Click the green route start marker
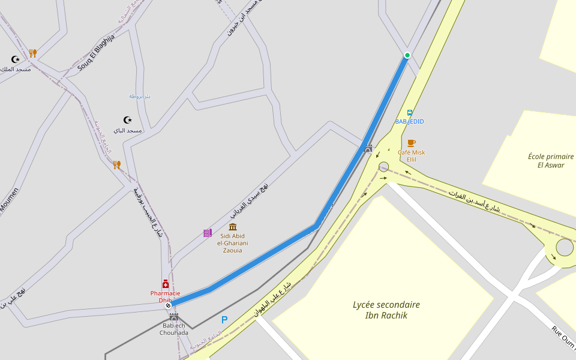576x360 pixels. [x=407, y=56]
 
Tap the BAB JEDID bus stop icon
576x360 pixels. [x=410, y=112]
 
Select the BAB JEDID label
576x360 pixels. [x=409, y=121]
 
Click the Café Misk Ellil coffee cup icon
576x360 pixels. [x=411, y=143]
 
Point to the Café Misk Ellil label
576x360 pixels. [x=411, y=156]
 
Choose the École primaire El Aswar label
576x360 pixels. [x=546, y=160]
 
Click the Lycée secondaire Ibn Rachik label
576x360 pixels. [x=386, y=310]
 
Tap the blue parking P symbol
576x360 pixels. [x=224, y=320]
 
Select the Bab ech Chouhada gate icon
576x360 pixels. [x=174, y=316]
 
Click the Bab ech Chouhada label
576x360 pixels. [x=174, y=329]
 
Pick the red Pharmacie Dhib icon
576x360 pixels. [x=166, y=284]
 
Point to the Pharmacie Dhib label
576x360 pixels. [x=165, y=296]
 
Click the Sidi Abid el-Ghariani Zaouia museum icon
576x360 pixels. [x=233, y=227]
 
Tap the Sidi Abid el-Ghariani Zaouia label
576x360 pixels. [x=233, y=242]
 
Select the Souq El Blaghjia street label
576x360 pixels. [x=96, y=53]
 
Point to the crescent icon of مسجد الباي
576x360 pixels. [x=127, y=120]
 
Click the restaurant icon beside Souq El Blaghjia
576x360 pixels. [x=33, y=53]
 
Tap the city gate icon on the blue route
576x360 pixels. [x=368, y=148]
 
